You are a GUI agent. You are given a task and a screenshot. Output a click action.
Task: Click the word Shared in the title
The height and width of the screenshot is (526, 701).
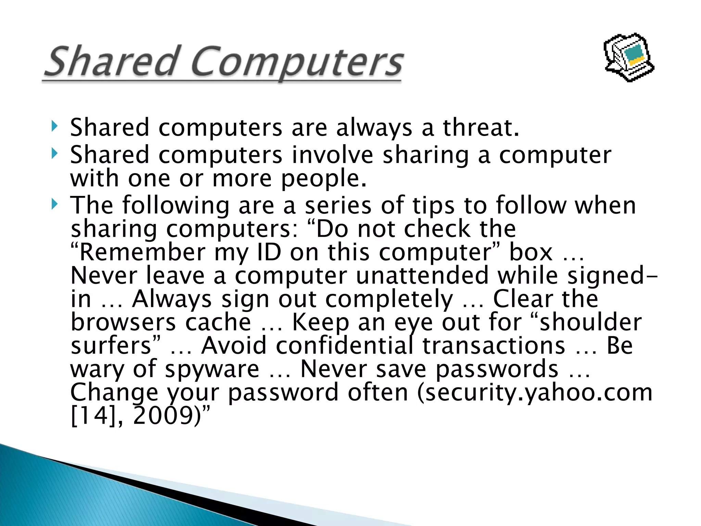click(x=111, y=62)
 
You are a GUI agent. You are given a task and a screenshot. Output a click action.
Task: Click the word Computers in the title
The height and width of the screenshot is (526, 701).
click(x=296, y=63)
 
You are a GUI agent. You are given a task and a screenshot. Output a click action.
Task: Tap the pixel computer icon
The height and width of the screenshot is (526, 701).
click(x=629, y=57)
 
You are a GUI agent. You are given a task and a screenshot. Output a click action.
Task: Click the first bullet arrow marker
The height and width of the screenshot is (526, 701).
click(x=54, y=126)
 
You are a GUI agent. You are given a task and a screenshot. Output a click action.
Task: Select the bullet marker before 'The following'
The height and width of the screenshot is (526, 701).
click(x=54, y=204)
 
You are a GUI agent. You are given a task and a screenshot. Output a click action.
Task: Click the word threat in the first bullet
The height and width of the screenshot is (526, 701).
click(x=481, y=127)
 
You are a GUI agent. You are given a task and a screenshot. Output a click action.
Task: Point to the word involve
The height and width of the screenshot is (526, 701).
click(x=332, y=155)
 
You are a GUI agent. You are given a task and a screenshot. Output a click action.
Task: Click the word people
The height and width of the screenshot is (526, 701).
click(x=323, y=179)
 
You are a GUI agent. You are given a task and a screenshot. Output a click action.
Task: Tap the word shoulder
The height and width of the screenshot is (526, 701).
click(x=590, y=323)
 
